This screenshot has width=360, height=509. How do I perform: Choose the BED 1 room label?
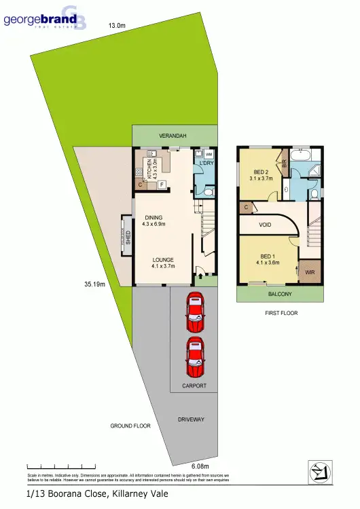(268, 259)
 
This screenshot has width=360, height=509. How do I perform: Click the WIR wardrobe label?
(310, 272)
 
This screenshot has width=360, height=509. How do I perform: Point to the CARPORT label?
(194, 385)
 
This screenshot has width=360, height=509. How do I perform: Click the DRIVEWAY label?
(191, 419)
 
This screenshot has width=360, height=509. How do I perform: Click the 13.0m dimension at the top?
(117, 26)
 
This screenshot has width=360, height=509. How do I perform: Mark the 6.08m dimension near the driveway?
(200, 466)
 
